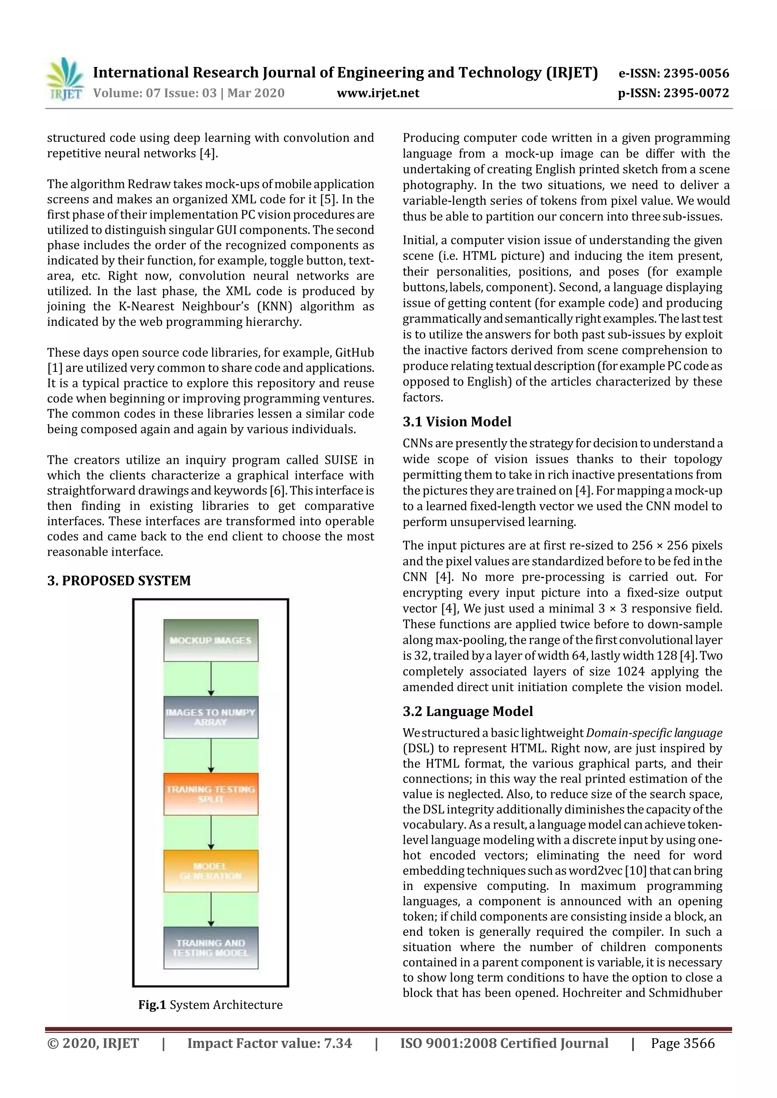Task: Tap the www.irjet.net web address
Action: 378,93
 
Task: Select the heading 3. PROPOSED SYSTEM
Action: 119,580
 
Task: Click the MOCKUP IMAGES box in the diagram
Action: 211,640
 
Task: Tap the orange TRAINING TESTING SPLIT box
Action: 211,794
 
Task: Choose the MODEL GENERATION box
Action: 211,871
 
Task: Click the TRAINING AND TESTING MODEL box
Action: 211,948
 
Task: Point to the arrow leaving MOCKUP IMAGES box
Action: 211,678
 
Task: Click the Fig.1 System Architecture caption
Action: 210,1005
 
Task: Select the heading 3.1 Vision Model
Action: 457,421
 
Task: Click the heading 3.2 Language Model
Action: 467,711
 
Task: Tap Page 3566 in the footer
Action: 682,1043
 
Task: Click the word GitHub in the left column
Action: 354,352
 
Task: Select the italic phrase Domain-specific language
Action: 654,733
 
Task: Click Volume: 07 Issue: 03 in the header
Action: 155,93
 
